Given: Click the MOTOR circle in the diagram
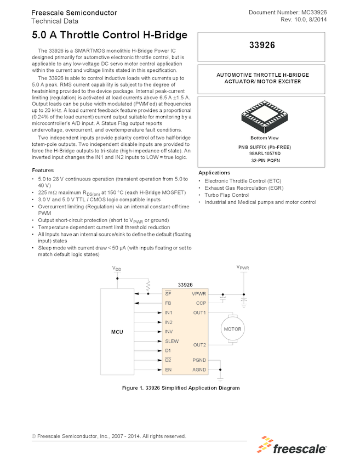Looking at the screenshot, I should click(x=232, y=329).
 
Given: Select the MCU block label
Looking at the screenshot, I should click(x=117, y=332).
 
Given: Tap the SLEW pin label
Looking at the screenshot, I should click(x=172, y=341).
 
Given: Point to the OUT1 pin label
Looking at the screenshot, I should click(x=199, y=312).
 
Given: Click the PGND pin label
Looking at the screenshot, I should click(x=199, y=360).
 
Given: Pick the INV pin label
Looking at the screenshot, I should click(x=169, y=332).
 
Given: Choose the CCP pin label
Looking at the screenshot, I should click(x=201, y=303).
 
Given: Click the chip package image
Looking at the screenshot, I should click(x=260, y=116).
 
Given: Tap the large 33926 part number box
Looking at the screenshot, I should click(x=260, y=46).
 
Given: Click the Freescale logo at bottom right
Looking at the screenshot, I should click(x=293, y=446).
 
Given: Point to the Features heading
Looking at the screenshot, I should click(x=43, y=170).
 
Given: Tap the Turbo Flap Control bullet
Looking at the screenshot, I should click(x=226, y=195).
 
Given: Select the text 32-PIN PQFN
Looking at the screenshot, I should click(x=260, y=160).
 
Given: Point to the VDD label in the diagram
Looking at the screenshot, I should click(x=117, y=269).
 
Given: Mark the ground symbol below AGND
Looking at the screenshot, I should click(x=220, y=377).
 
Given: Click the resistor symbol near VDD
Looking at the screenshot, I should click(x=147, y=286).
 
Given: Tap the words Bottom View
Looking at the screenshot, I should click(x=264, y=138).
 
